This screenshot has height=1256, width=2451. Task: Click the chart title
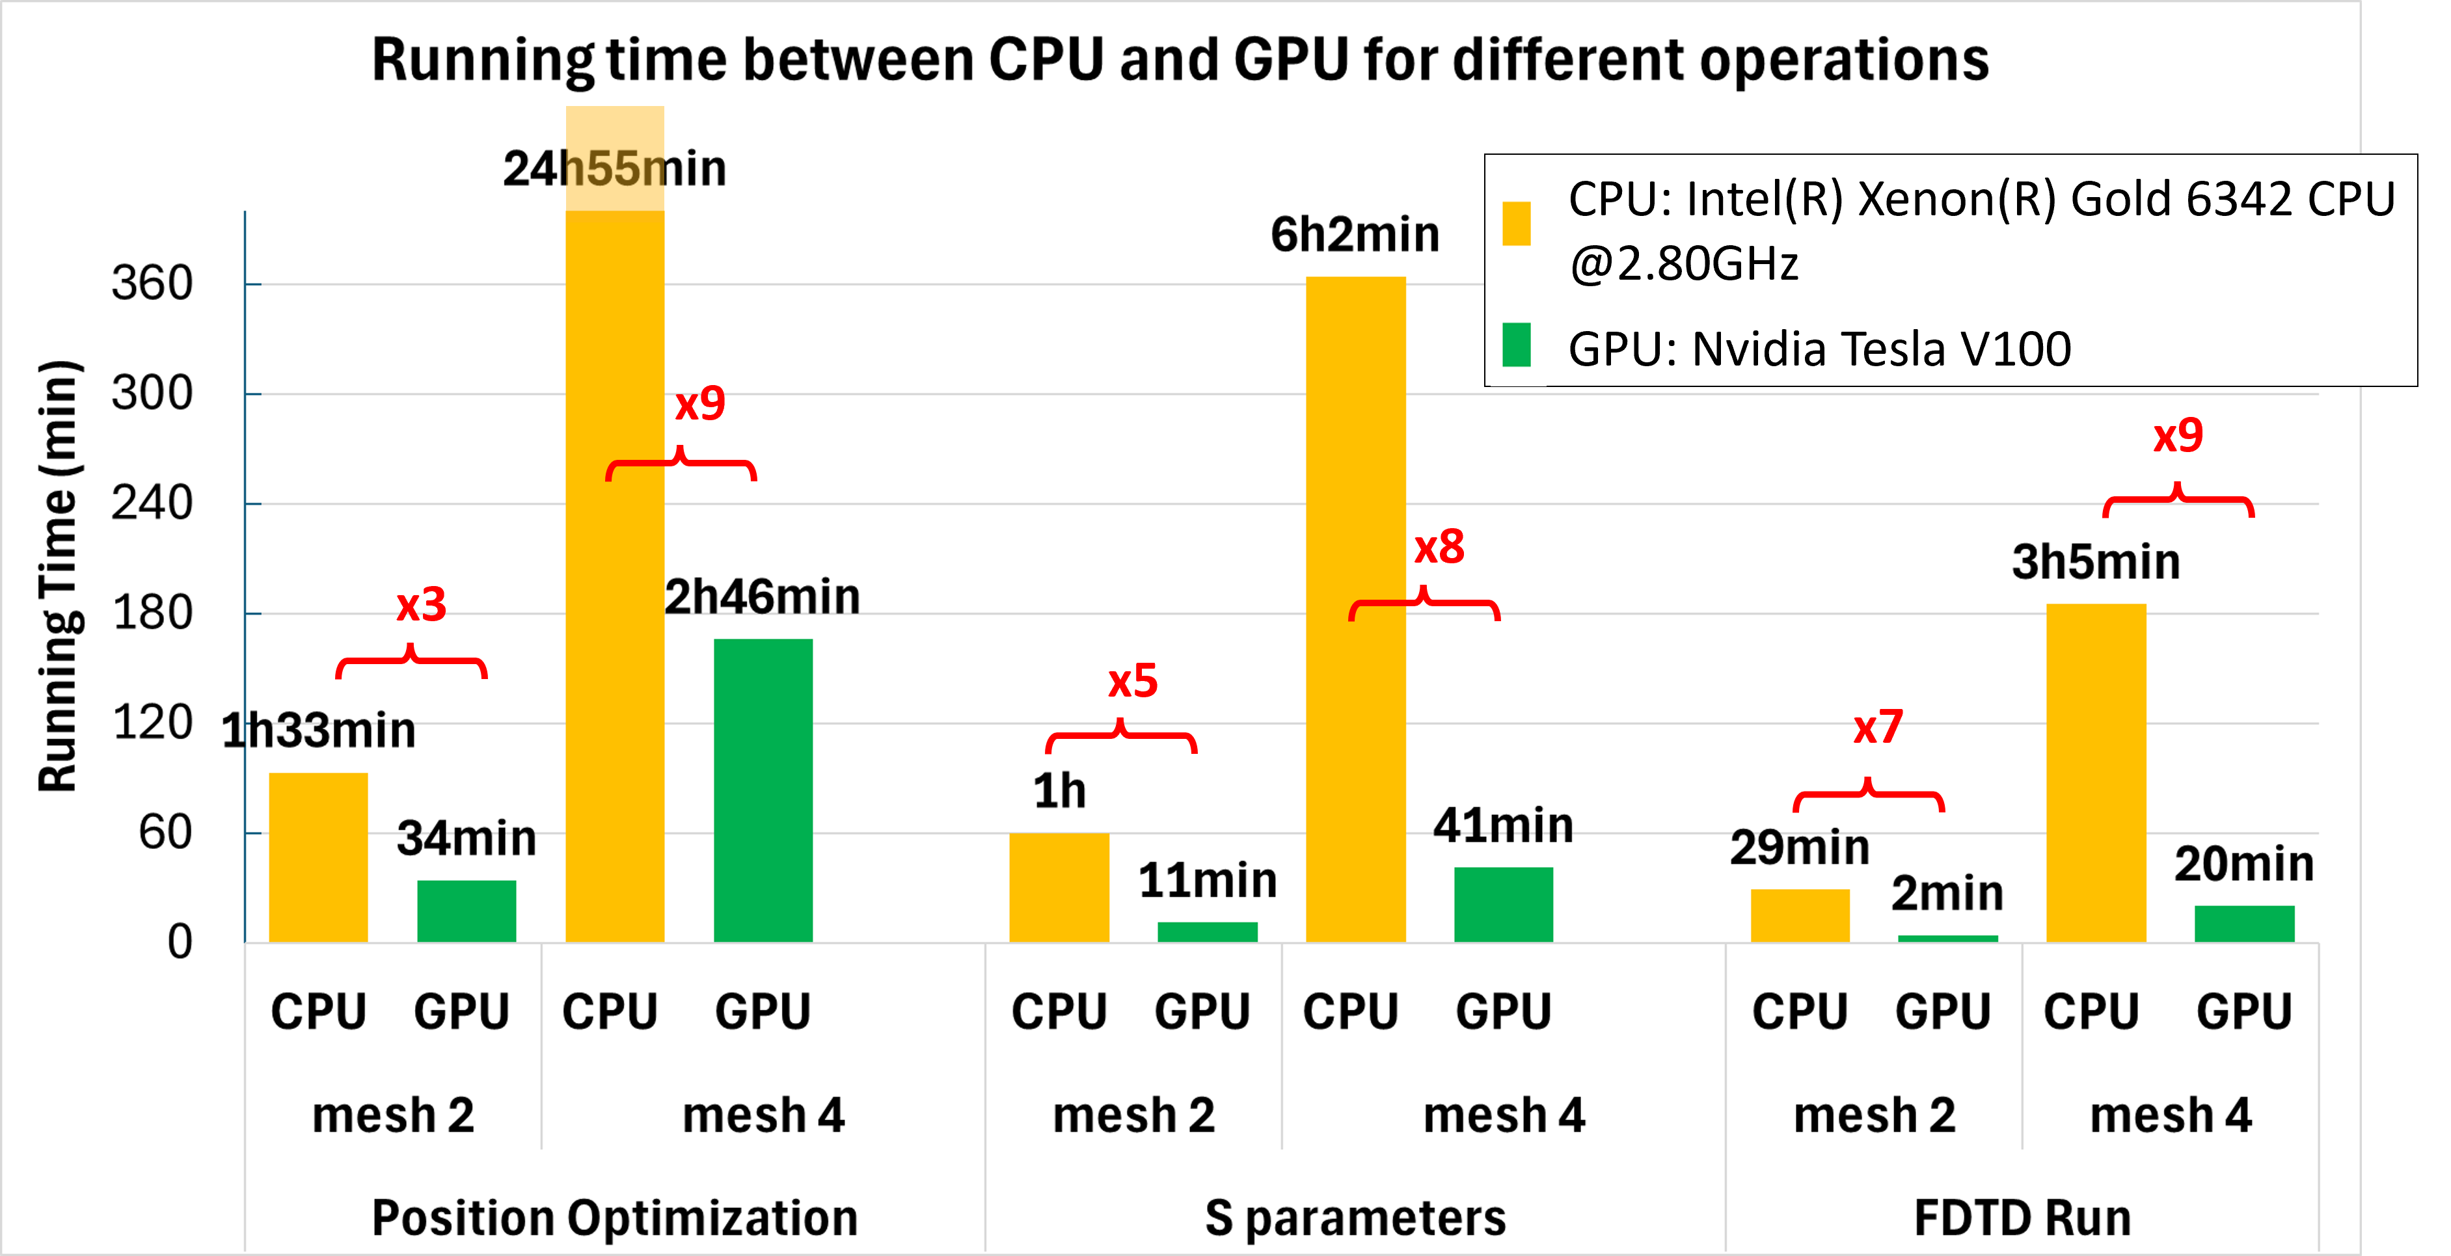point(1180,59)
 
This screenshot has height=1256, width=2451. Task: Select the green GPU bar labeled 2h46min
point(763,790)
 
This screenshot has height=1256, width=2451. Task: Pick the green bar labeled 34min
point(467,911)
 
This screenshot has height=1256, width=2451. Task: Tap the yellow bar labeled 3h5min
point(2096,773)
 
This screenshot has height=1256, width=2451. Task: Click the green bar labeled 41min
point(1504,904)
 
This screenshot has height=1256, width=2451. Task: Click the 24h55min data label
point(615,168)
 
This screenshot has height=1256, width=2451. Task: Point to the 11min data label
point(1208,879)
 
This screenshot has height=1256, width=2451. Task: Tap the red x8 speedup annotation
point(1439,547)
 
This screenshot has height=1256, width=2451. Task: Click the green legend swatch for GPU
point(1516,345)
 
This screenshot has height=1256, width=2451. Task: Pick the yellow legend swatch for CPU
point(1516,224)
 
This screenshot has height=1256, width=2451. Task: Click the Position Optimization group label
point(615,1217)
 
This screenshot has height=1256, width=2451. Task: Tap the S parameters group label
point(1355,1217)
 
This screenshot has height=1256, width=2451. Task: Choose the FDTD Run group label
point(2022,1217)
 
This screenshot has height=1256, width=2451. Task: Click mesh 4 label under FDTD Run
point(2171,1114)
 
